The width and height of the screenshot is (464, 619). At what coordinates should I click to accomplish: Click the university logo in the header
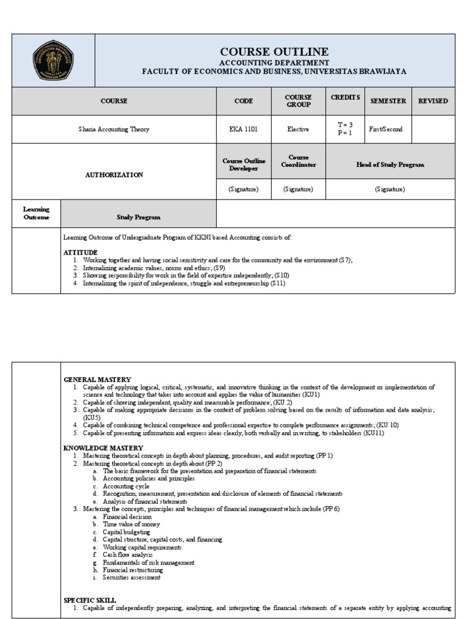[x=53, y=60]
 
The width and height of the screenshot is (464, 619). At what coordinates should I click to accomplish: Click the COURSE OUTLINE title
[x=274, y=51]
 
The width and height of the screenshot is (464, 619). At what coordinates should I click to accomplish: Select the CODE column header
[x=243, y=101]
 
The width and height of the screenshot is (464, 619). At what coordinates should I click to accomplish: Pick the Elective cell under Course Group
[x=298, y=129]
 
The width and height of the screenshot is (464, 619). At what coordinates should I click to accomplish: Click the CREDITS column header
[x=345, y=97]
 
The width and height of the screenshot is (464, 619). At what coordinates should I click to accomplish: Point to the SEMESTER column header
[x=388, y=101]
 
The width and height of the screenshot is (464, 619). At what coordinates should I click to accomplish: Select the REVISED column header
[x=433, y=101]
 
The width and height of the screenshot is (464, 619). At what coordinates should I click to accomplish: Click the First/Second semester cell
[x=385, y=129]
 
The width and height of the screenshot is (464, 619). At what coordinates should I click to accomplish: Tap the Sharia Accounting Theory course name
[x=114, y=129]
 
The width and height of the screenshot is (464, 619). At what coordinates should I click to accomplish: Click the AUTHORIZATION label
[x=114, y=175]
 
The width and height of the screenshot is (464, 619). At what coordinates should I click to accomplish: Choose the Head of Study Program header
[x=390, y=164]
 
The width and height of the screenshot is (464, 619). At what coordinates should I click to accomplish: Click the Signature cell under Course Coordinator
[x=298, y=189]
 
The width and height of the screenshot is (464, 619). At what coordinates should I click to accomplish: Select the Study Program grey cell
[x=138, y=216]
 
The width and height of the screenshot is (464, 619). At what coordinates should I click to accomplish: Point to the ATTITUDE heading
[x=80, y=251]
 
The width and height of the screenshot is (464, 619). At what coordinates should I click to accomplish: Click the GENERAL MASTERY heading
[x=97, y=380]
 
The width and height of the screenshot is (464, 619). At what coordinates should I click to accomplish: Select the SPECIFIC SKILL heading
[x=89, y=600]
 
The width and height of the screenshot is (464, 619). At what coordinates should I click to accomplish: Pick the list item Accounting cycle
[x=126, y=486]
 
